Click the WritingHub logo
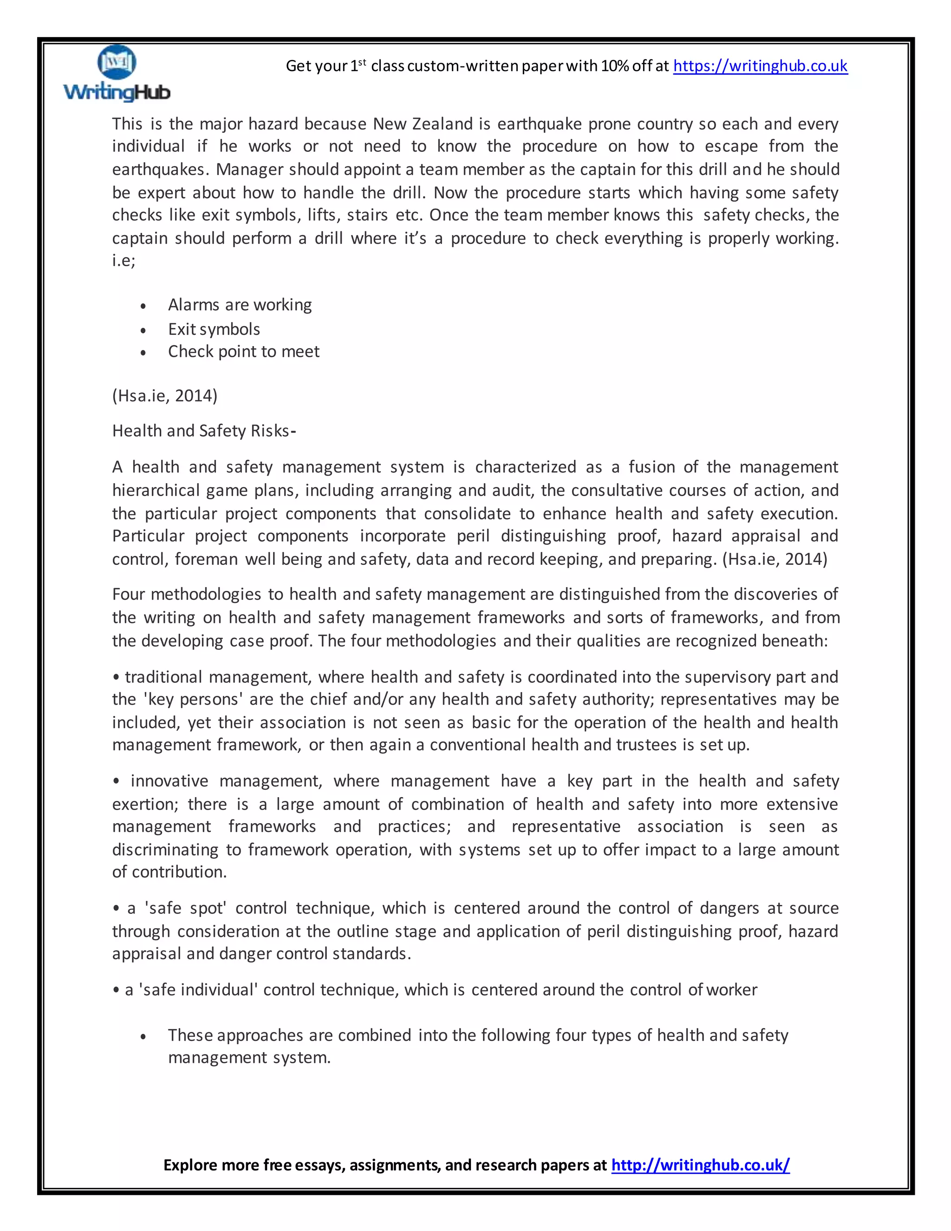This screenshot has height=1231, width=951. (117, 74)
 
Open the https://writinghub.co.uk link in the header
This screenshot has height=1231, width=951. (760, 66)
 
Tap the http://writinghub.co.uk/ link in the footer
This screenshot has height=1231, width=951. (700, 1165)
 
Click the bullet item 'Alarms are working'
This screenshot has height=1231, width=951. (240, 305)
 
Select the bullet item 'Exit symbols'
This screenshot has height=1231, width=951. (214, 329)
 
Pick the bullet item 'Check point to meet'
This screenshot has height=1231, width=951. (243, 352)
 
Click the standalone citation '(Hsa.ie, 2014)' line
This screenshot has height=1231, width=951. (164, 396)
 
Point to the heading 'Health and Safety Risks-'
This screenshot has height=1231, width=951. (203, 431)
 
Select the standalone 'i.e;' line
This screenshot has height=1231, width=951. (124, 261)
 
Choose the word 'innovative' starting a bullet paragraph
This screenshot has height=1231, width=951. (169, 781)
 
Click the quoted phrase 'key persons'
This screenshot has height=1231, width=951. (193, 700)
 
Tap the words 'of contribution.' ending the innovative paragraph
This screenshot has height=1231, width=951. (169, 872)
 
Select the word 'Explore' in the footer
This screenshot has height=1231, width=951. (190, 1165)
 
